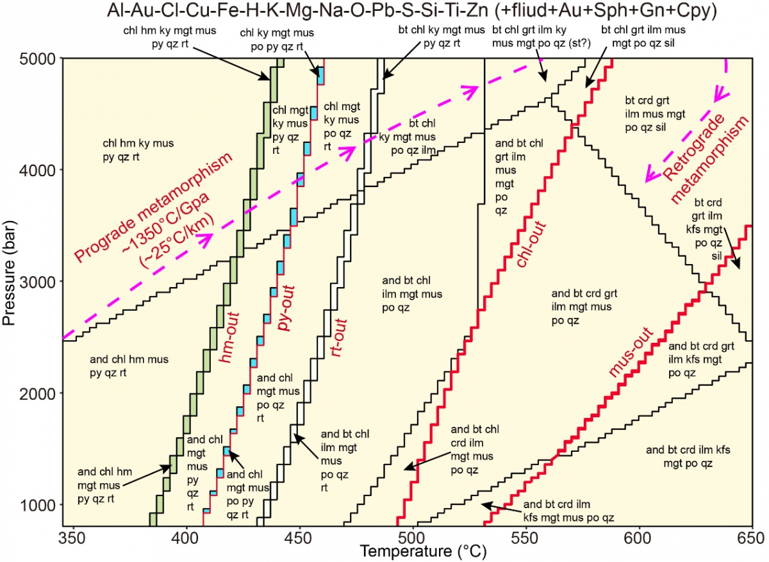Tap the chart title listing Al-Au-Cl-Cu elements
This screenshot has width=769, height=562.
(384, 11)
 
